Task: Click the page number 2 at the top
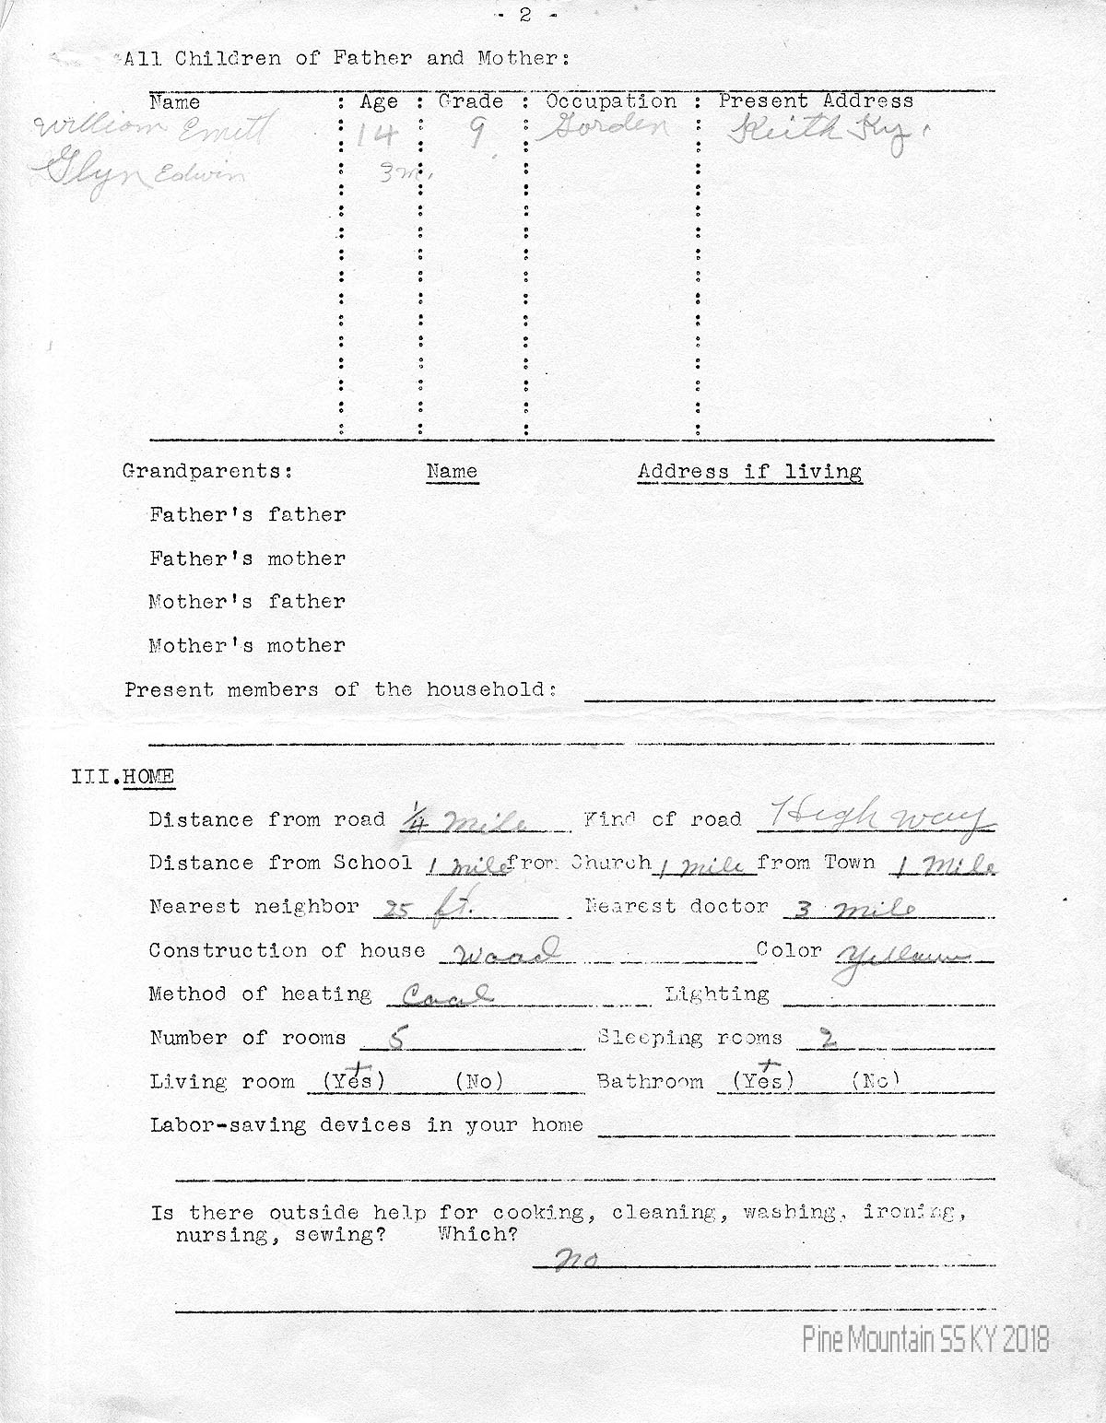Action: click(x=525, y=15)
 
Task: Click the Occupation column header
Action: click(x=611, y=101)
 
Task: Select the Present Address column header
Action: click(x=816, y=101)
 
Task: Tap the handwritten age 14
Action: click(x=378, y=136)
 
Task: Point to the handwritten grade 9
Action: click(x=477, y=135)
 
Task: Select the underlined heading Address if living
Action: click(x=749, y=472)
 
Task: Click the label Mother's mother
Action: click(x=247, y=645)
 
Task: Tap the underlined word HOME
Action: click(x=148, y=777)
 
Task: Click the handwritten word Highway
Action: click(x=876, y=816)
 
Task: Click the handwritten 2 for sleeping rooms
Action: click(x=828, y=1039)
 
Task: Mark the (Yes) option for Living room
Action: click(x=353, y=1081)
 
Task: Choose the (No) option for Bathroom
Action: click(x=875, y=1081)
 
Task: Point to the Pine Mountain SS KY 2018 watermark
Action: click(x=925, y=1340)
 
